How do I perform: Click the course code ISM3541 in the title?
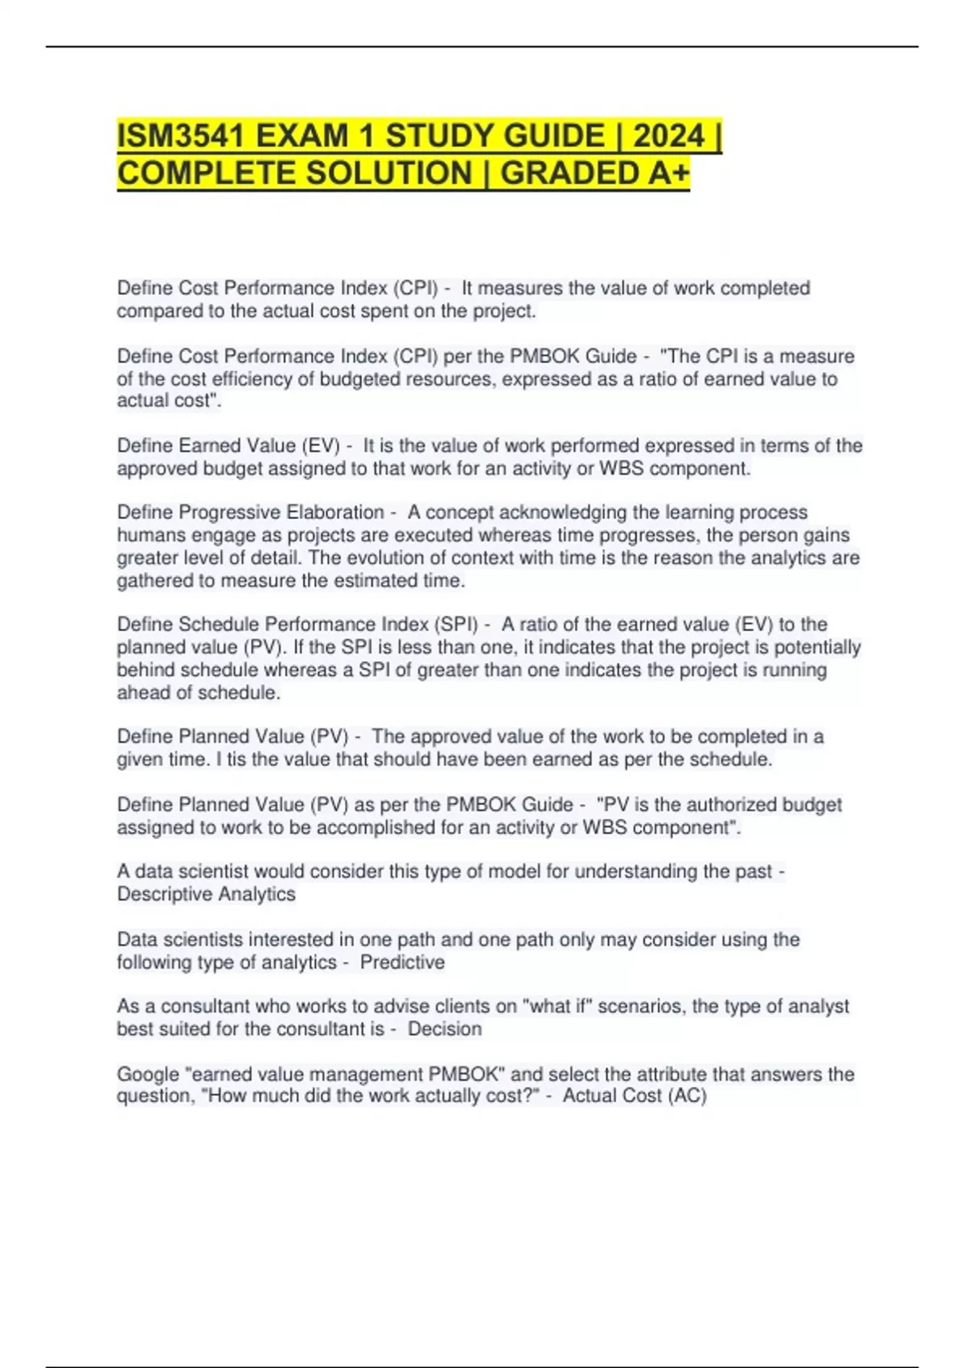[x=180, y=136]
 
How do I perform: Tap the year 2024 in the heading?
[x=668, y=136]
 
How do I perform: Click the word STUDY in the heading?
[x=439, y=136]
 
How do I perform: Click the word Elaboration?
[x=335, y=513]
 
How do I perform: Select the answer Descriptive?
[x=166, y=894]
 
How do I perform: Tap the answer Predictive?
[x=402, y=962]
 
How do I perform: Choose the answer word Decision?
[x=445, y=1029]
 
